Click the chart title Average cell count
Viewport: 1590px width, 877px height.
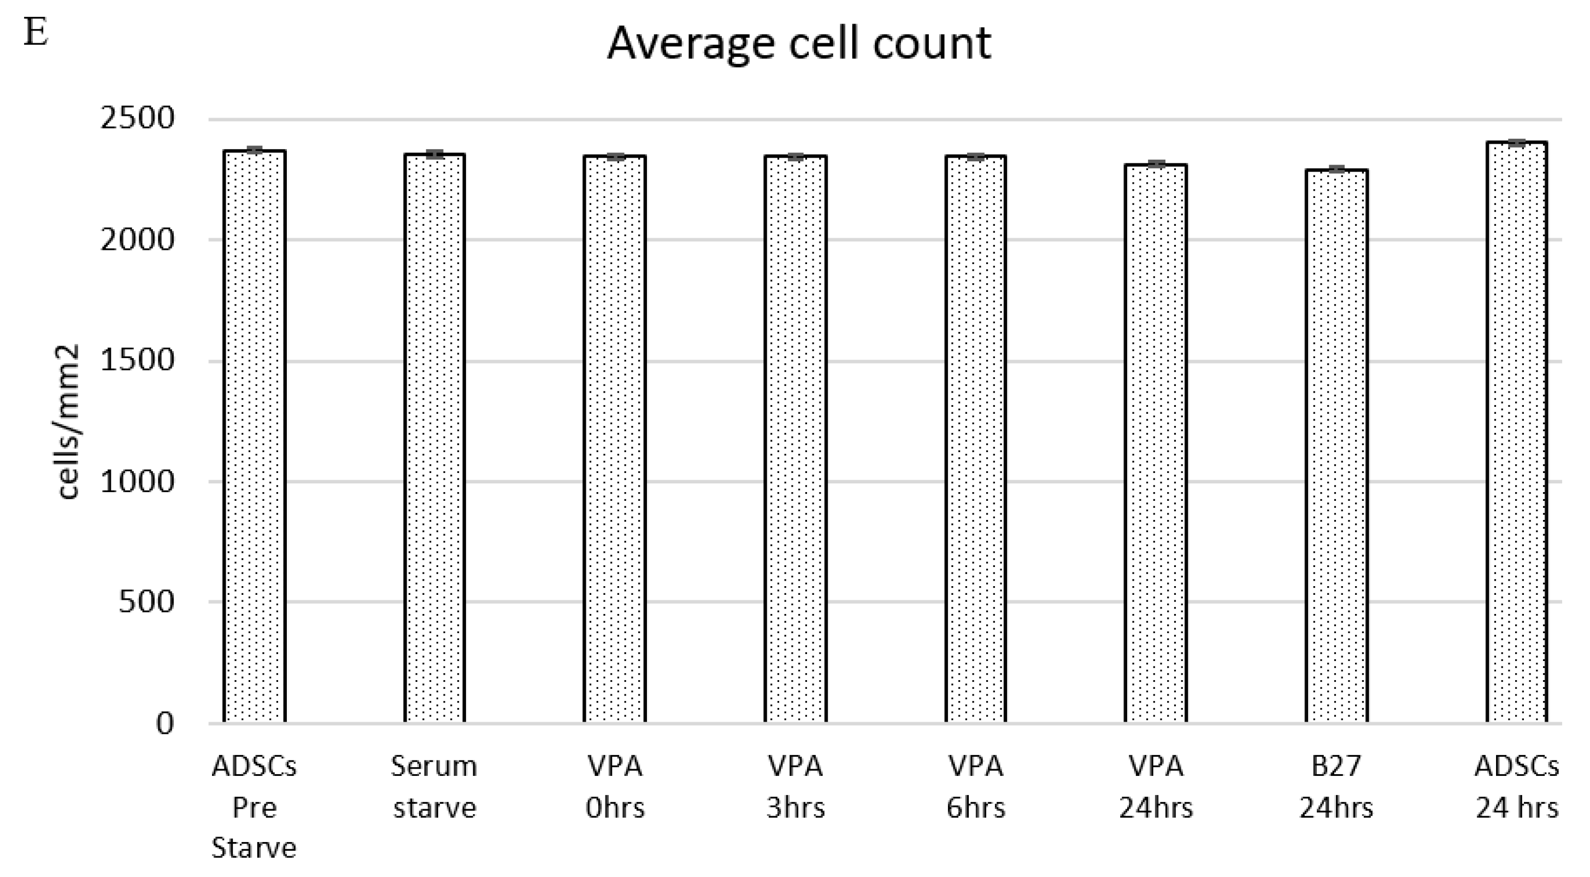799,43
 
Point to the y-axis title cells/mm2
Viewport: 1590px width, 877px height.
68,422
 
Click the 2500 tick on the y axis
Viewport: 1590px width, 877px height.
138,118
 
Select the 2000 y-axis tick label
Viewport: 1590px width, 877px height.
138,239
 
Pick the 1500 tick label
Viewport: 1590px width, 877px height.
138,360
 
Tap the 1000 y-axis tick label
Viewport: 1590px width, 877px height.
138,481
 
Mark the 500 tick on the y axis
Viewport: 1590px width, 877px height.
146,601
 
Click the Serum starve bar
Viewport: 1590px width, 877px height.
434,438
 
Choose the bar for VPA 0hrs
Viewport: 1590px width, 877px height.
615,438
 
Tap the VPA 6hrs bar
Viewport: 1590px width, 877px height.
975,438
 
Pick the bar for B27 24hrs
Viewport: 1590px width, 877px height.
1336,445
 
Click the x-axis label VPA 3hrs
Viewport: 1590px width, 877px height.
795,787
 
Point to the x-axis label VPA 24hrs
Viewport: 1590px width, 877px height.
1156,787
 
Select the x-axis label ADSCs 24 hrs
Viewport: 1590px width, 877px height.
1517,787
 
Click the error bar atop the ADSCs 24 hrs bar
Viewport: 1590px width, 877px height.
1517,143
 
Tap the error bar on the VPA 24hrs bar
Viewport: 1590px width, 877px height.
1156,164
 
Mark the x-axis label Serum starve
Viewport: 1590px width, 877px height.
434,787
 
